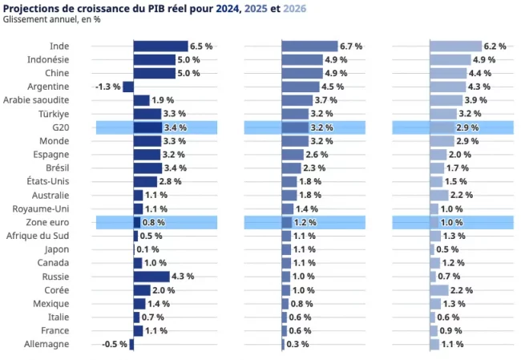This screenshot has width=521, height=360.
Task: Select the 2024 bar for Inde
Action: [x=160, y=47]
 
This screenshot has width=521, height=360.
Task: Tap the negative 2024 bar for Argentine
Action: [x=128, y=87]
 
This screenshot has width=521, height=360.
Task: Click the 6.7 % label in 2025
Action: [x=351, y=47]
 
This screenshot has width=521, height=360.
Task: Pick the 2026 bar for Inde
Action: [x=455, y=47]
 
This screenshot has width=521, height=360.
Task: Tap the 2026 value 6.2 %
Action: [x=495, y=47]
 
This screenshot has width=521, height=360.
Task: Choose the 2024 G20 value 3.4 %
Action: [x=175, y=127]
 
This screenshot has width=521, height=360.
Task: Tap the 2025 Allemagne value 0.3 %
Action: [x=297, y=344]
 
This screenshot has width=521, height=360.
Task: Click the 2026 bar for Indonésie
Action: [x=450, y=60]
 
